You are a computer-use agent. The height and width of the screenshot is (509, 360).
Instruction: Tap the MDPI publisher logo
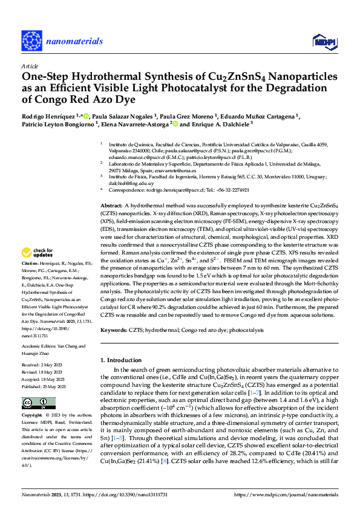(x=322, y=41)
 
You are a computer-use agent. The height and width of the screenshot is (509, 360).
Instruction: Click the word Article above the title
(x=29, y=66)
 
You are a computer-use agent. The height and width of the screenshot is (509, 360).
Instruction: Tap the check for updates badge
(x=39, y=253)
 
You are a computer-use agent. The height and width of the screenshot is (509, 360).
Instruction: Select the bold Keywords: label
(x=114, y=331)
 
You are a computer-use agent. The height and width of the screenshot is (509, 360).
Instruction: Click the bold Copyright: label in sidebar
(x=31, y=416)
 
